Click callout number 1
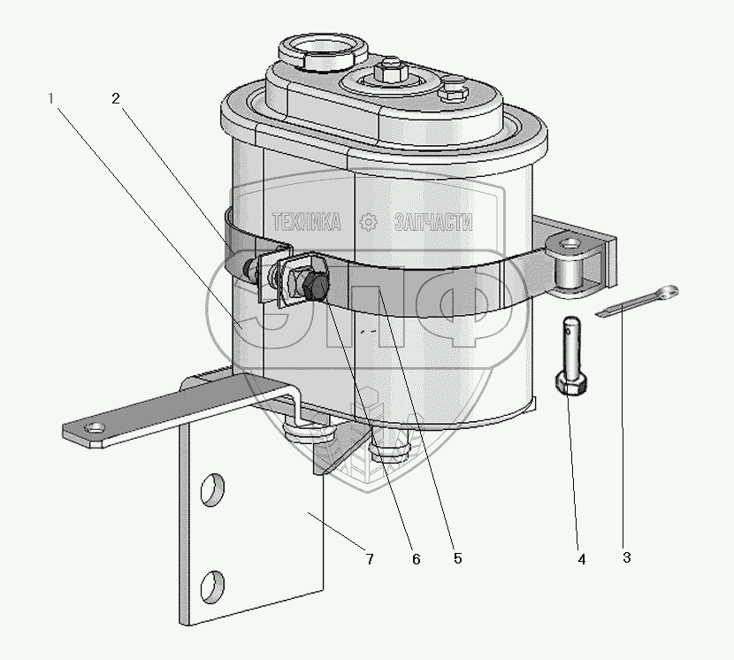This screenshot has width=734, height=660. pos(50,99)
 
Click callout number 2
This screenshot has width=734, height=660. pos(116,98)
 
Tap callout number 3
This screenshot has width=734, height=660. pos(627,557)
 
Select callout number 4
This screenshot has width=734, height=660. pos(582,559)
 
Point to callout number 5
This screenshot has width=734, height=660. pos(457,558)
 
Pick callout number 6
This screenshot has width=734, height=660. pos(417,559)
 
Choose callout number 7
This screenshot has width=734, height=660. pos(370,559)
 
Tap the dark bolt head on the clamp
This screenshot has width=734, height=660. pos(316,286)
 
